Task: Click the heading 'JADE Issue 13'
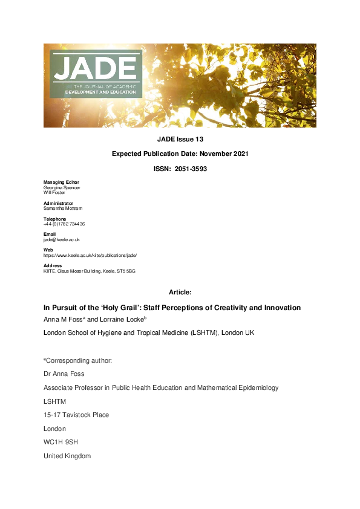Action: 180,138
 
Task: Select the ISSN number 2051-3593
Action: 190,169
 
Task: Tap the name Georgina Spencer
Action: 62,187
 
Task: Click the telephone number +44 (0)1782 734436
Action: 64,224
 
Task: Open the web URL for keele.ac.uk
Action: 90,255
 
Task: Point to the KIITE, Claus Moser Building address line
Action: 89,271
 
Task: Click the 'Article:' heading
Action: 180,292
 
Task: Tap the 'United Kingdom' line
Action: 67,456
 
